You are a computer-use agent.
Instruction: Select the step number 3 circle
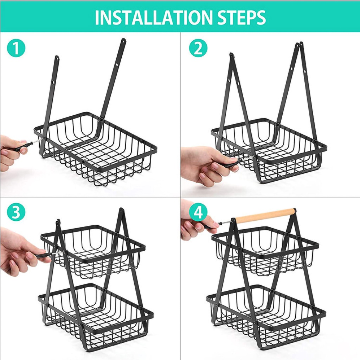pos(16,212)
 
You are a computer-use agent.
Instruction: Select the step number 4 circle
pos(198,212)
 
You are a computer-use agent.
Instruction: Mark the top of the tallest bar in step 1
pos(123,41)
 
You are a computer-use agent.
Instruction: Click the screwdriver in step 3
pos(47,255)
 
